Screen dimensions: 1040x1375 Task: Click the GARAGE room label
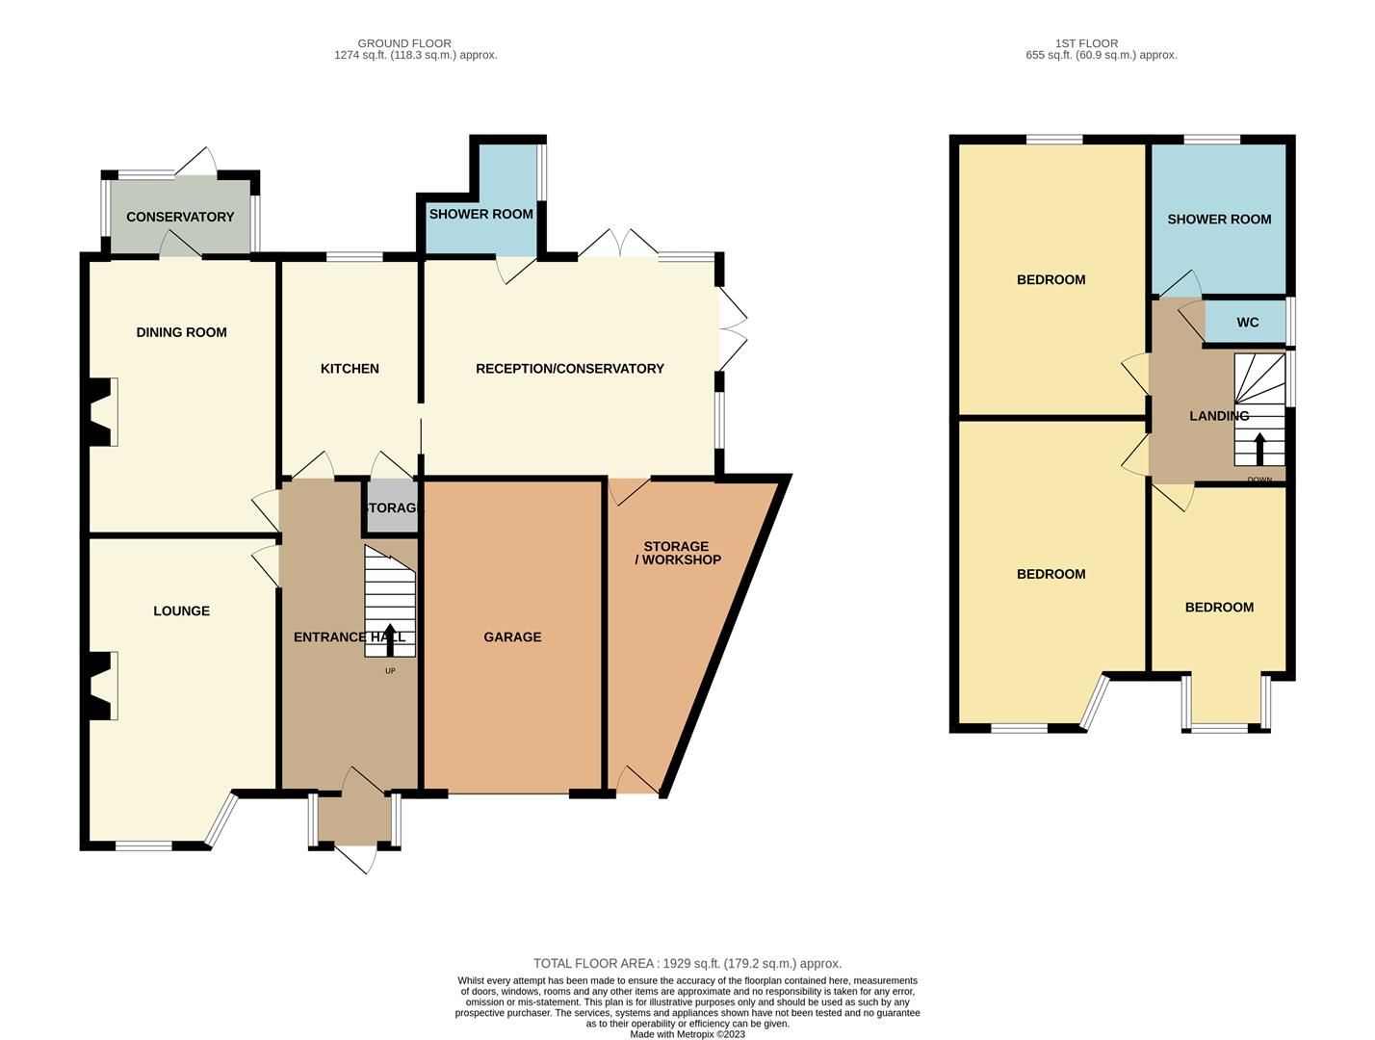pos(512,637)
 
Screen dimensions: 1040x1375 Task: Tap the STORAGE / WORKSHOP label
pos(677,553)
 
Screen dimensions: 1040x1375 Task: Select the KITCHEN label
pos(350,369)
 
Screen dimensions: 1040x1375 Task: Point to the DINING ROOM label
pos(181,332)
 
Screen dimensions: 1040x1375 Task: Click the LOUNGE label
pos(181,611)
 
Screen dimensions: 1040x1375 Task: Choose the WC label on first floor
pos(1247,323)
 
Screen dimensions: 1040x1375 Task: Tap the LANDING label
pos(1218,416)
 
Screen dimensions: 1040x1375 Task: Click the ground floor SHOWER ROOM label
pos(480,214)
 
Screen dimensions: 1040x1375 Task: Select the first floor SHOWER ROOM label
pos(1219,220)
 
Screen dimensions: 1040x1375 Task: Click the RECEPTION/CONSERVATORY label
pos(569,369)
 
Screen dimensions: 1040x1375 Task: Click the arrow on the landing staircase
pos(1259,448)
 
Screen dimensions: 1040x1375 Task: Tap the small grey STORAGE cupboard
pos(392,507)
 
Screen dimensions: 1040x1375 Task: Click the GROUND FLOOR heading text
pos(403,43)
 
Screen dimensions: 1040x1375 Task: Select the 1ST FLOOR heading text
pos(1086,43)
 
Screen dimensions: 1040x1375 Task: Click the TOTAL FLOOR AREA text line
pos(687,963)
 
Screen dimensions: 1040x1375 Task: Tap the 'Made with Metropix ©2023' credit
pos(687,1034)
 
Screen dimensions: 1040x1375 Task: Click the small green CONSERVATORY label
pos(180,217)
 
